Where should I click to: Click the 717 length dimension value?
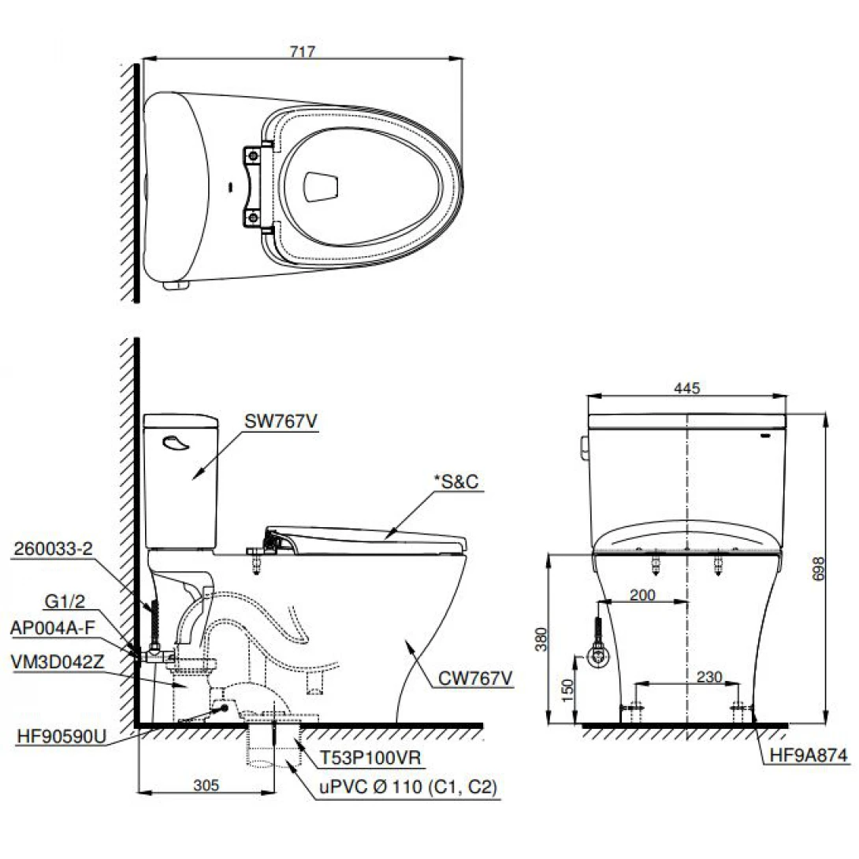302,52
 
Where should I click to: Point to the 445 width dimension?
688,388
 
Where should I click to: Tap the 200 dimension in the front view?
643,596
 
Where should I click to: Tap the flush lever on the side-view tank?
176,444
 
